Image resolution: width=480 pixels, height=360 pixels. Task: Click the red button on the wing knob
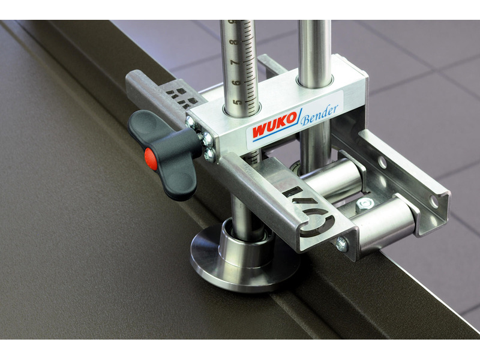click(x=151, y=158)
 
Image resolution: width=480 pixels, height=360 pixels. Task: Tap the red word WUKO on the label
click(x=274, y=125)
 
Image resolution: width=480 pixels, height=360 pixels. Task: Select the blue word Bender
click(x=319, y=115)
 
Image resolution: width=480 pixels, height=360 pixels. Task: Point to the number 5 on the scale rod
click(x=236, y=101)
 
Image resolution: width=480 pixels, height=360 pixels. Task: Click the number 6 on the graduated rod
click(x=236, y=82)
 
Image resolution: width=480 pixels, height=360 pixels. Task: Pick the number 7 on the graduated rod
click(x=235, y=62)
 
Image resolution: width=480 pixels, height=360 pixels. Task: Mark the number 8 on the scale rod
click(x=235, y=41)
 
